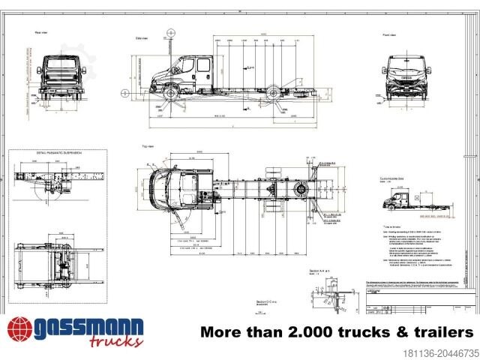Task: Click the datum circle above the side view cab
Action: click(172, 33)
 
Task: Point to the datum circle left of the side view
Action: click(124, 94)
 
